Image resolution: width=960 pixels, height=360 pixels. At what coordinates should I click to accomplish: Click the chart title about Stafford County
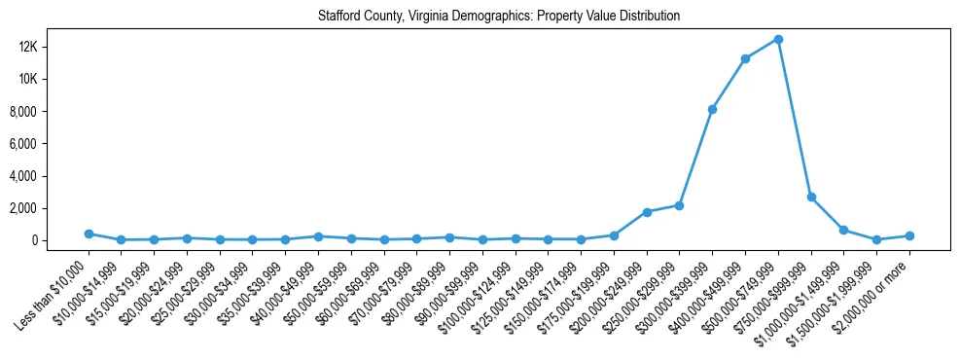pyautogui.click(x=499, y=17)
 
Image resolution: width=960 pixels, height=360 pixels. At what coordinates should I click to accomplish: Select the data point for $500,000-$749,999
pyautogui.click(x=778, y=39)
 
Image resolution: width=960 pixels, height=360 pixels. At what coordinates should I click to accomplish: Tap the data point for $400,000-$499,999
pyautogui.click(x=745, y=58)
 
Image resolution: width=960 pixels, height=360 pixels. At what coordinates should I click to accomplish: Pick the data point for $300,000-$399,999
pyautogui.click(x=712, y=109)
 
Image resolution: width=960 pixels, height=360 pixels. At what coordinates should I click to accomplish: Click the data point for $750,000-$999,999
pyautogui.click(x=811, y=197)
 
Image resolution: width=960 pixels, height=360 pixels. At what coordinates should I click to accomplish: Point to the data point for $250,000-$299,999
pyautogui.click(x=679, y=205)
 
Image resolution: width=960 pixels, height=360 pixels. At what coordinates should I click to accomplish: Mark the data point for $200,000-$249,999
pyautogui.click(x=647, y=212)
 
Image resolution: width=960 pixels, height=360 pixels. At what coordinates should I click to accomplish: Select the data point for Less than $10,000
pyautogui.click(x=89, y=234)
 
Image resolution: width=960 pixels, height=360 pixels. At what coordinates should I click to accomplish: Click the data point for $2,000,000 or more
pyautogui.click(x=909, y=235)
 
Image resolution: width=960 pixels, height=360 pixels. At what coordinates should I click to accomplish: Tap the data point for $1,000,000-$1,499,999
pyautogui.click(x=844, y=230)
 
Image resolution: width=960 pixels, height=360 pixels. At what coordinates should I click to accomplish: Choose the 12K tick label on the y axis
pyautogui.click(x=52, y=47)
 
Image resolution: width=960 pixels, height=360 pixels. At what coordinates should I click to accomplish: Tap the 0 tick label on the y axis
pyautogui.click(x=60, y=240)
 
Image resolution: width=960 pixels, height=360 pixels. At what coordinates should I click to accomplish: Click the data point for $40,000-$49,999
pyautogui.click(x=318, y=236)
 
